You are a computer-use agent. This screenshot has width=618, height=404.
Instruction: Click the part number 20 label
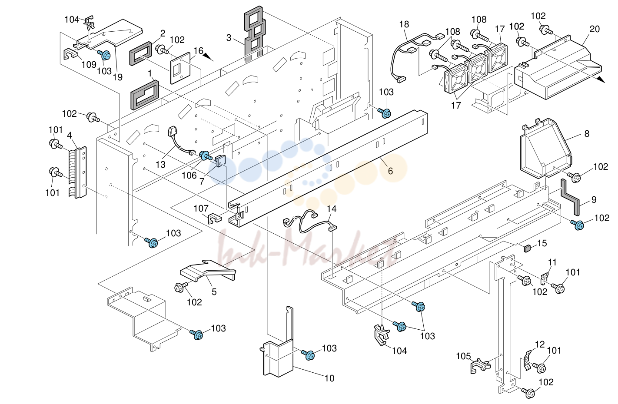[x=595, y=29]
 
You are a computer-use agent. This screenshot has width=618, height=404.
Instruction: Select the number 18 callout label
[x=404, y=24]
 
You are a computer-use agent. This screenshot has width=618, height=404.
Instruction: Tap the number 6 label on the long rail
[x=390, y=171]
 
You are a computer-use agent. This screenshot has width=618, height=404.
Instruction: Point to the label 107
[x=201, y=208]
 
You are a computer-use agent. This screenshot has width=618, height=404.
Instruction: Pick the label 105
[x=463, y=356]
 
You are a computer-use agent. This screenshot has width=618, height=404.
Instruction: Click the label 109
[x=89, y=65]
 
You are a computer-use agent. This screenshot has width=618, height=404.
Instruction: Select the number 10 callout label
[x=329, y=378]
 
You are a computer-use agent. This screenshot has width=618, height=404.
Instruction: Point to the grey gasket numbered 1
[x=145, y=95]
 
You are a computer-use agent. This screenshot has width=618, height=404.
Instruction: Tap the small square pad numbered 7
[x=220, y=161]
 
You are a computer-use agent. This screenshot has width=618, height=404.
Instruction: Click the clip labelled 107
[x=214, y=218]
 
